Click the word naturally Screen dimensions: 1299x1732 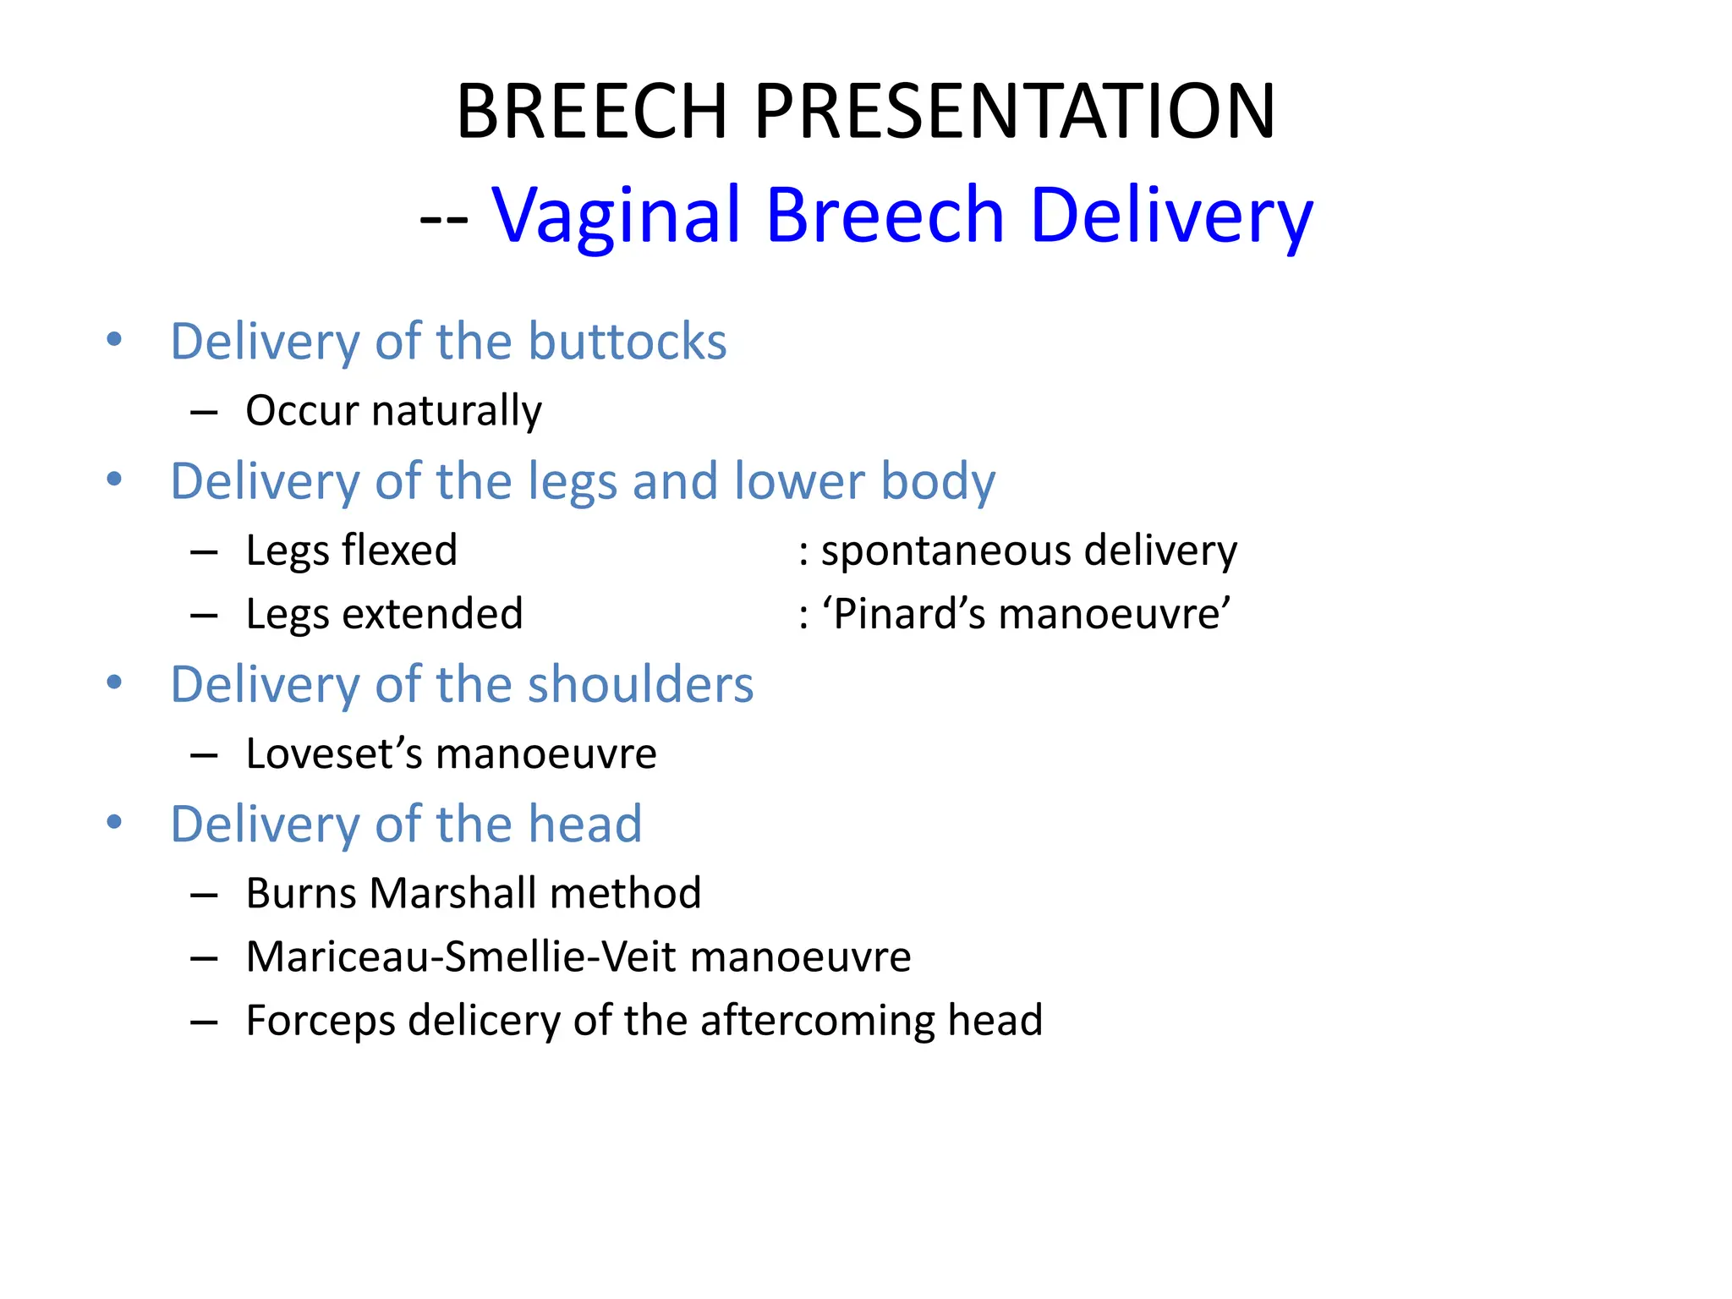click(x=457, y=411)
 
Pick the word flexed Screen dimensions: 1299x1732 click(x=399, y=551)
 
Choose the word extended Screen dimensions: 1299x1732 click(x=432, y=614)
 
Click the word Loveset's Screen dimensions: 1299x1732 click(x=333, y=754)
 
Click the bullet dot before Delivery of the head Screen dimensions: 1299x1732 click(x=115, y=822)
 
